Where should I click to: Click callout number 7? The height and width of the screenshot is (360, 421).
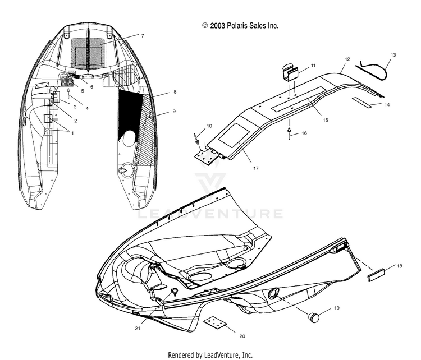click(143, 36)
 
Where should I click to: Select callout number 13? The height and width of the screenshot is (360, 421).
click(393, 55)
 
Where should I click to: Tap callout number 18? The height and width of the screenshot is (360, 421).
click(400, 266)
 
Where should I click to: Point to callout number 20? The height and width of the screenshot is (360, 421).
click(242, 336)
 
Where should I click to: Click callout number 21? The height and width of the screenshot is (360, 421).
click(138, 329)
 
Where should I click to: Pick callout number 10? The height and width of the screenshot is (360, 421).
click(209, 126)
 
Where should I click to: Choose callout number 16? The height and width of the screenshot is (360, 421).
click(304, 133)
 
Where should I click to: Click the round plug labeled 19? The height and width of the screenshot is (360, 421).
click(313, 317)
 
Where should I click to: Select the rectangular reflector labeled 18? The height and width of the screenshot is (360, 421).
click(376, 275)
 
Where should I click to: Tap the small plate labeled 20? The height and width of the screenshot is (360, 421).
click(216, 323)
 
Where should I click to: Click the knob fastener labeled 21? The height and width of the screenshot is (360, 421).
click(175, 291)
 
